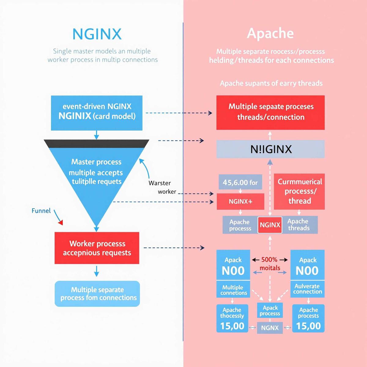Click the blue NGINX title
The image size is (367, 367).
(x=97, y=34)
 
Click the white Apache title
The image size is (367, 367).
(x=270, y=34)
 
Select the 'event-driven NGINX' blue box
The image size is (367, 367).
(x=97, y=113)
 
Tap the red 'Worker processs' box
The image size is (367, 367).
(x=97, y=248)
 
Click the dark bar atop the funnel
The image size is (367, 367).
(x=97, y=144)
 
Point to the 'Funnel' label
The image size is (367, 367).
(x=41, y=211)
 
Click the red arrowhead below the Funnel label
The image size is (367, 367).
(x=61, y=222)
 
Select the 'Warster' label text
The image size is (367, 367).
(x=160, y=183)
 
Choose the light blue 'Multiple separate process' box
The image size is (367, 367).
(x=97, y=294)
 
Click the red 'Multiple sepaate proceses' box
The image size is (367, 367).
(x=270, y=113)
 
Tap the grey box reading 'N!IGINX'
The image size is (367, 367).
(x=270, y=149)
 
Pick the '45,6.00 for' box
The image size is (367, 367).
(x=240, y=182)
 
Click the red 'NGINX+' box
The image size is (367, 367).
(x=240, y=202)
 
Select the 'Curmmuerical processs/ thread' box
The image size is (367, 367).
(x=299, y=191)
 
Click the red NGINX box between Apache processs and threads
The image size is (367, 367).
(x=270, y=225)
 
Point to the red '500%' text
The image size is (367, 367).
(x=269, y=259)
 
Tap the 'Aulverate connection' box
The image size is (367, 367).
(x=307, y=289)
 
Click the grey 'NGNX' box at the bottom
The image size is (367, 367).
(x=270, y=328)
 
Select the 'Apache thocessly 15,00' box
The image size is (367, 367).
(x=232, y=318)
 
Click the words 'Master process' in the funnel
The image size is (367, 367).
(x=96, y=162)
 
